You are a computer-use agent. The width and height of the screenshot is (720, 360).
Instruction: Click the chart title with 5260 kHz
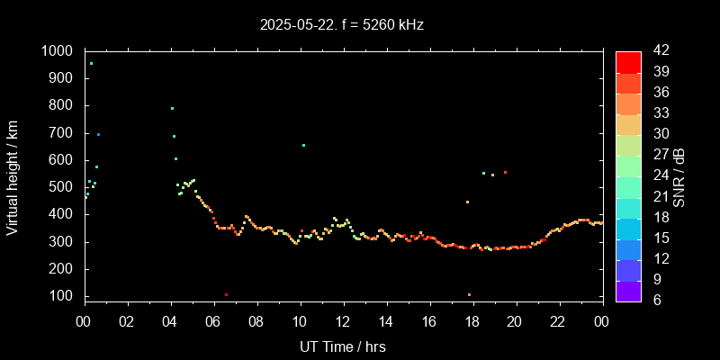341,24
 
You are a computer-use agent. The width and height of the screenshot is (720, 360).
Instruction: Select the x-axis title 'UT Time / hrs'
342,346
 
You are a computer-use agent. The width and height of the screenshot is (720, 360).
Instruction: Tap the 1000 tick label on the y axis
58,51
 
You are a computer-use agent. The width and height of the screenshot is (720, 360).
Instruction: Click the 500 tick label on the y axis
62,187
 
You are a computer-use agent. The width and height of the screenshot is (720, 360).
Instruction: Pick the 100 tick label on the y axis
62,296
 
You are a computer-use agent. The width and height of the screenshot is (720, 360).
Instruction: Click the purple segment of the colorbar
628,290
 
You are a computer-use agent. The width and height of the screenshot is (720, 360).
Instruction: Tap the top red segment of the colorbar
628,61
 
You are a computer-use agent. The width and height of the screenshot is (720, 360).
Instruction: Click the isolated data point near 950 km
91,64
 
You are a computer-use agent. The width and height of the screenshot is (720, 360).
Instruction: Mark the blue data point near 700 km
98,134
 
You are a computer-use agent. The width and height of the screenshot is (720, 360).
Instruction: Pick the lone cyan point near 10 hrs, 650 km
303,145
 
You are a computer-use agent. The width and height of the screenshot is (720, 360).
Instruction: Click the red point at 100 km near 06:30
226,294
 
